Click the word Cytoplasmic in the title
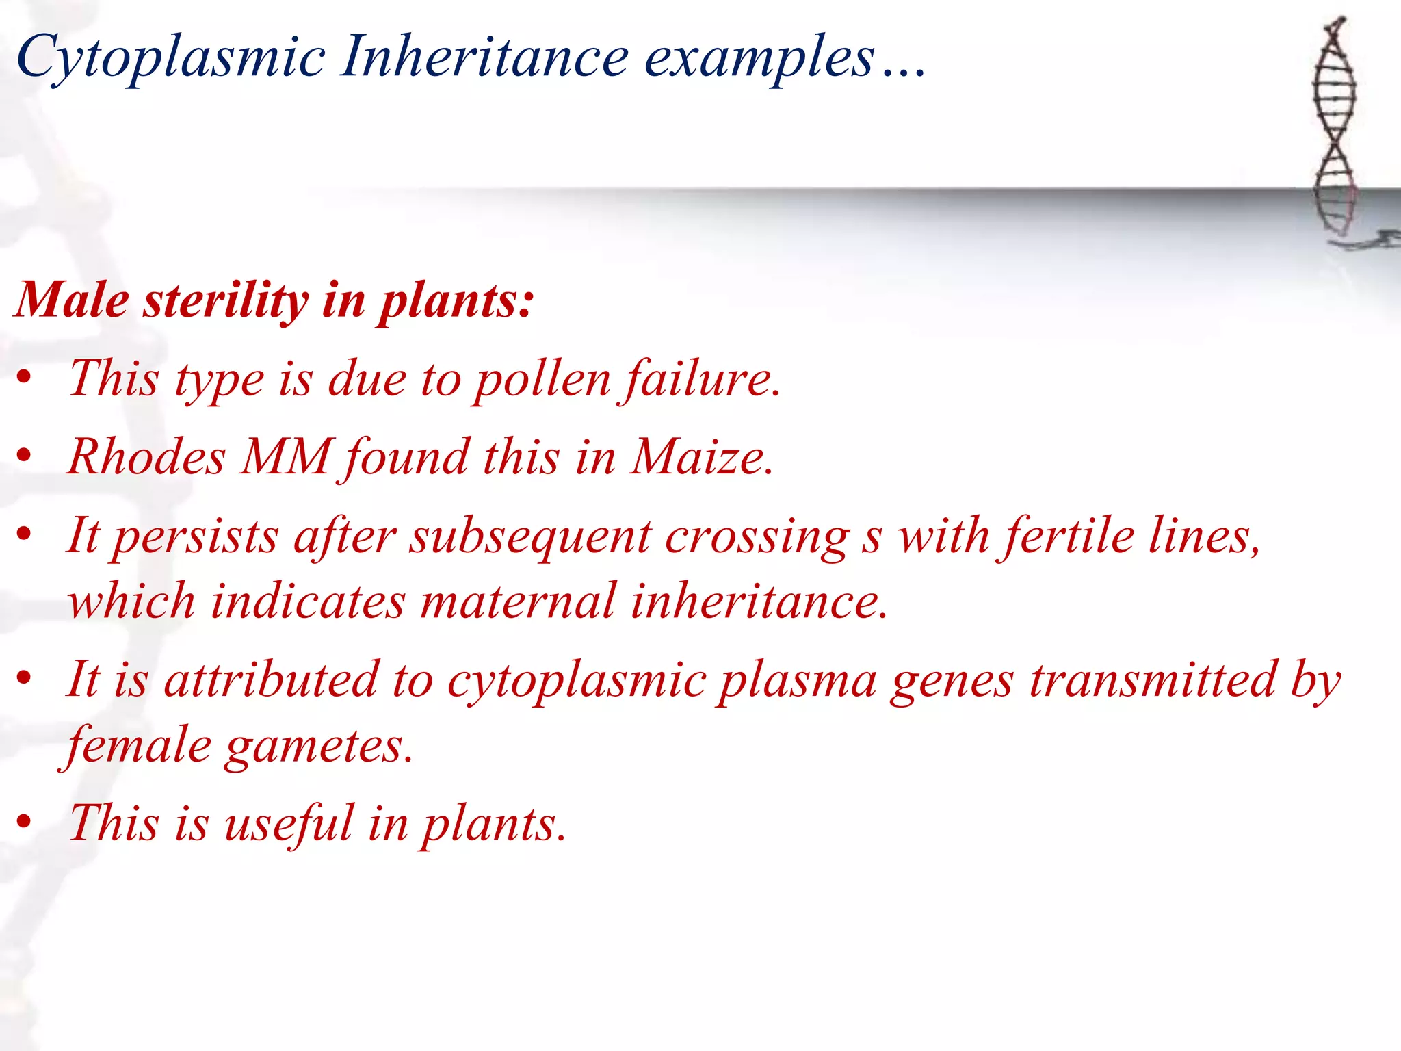(171, 58)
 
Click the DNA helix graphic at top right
(1335, 130)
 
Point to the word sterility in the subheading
(226, 301)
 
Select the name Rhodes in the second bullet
(147, 456)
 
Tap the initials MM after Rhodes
(287, 456)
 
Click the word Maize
(701, 456)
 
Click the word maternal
(518, 601)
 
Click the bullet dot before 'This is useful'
(25, 823)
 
